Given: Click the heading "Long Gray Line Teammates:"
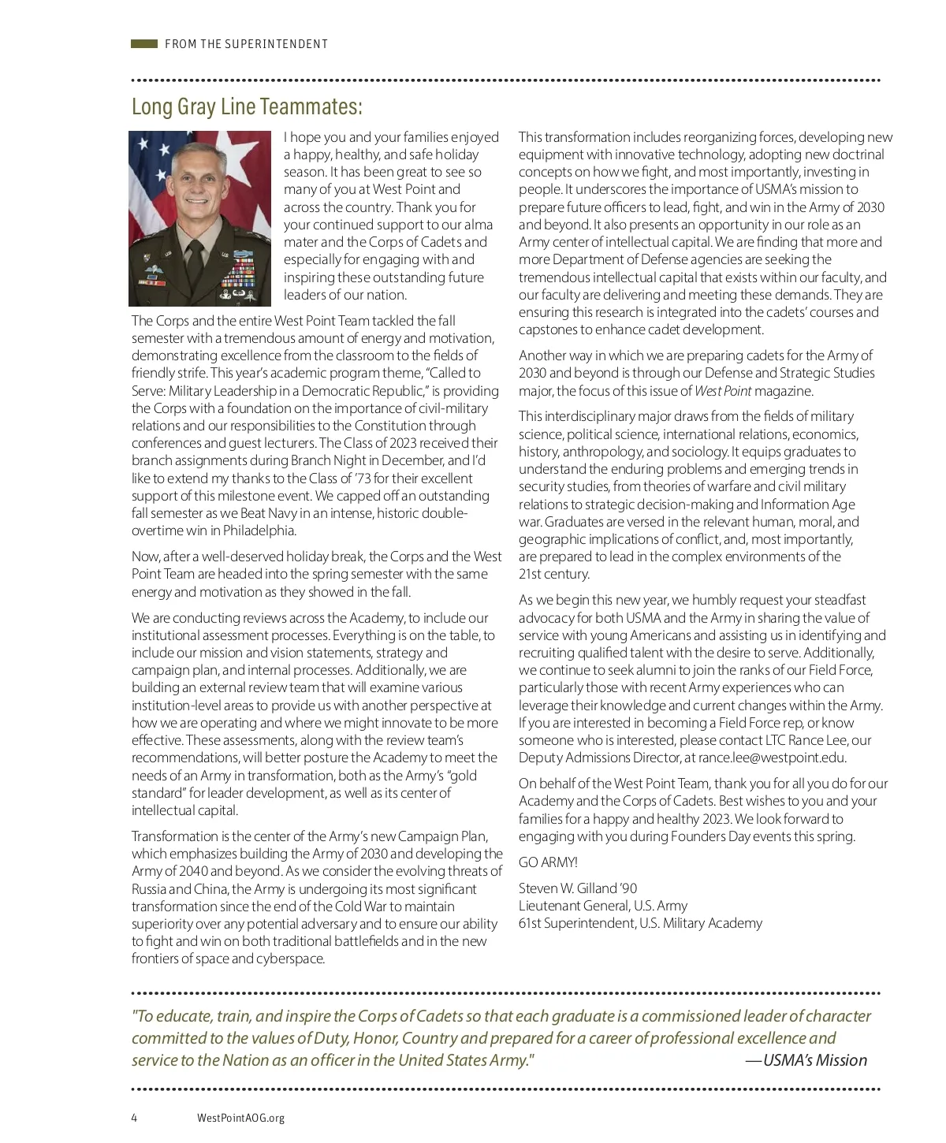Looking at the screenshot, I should coord(247,106).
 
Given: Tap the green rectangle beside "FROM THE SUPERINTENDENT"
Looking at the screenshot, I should coord(144,44).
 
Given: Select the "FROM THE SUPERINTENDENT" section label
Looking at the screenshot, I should coord(246,44).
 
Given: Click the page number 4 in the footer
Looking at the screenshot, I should coord(134,1118).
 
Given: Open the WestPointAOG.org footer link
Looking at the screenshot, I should coord(240,1118).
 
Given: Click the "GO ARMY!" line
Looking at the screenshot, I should coord(548,862).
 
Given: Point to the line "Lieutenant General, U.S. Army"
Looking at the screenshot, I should coord(603,906).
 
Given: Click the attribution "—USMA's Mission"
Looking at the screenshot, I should coord(806,1060).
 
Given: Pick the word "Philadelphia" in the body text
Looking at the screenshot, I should coord(259,531).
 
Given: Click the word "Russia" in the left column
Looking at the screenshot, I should coord(149,889).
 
